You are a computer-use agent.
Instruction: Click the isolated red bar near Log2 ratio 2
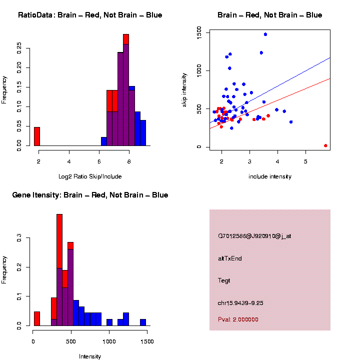(36, 136)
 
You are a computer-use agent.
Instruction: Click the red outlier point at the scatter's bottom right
(325, 145)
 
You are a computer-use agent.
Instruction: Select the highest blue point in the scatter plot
(265, 34)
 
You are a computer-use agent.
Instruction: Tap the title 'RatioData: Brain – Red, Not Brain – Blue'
(90, 15)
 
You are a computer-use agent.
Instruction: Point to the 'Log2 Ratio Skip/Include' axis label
(90, 176)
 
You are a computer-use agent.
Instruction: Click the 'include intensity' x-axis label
(270, 176)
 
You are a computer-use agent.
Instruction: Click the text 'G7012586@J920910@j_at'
(254, 236)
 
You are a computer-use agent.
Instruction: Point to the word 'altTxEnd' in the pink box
(230, 258)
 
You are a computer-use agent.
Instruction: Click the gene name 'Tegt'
(224, 280)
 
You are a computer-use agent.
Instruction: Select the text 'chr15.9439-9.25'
(241, 303)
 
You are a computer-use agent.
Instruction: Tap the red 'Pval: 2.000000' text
(238, 319)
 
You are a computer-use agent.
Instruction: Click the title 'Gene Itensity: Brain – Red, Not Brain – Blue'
(90, 195)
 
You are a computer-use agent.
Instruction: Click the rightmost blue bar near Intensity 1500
(143, 322)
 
